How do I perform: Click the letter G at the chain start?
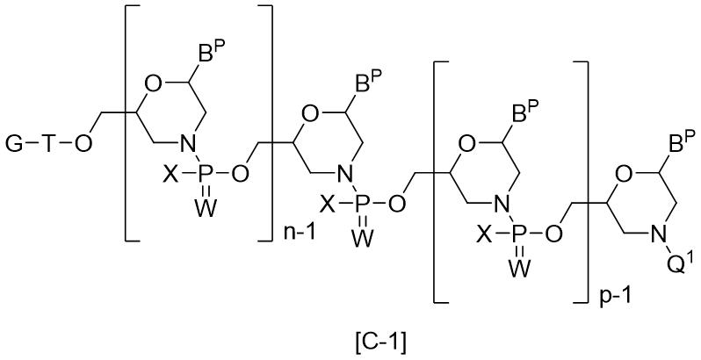15,144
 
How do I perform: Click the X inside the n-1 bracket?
169,175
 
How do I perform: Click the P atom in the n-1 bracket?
206,175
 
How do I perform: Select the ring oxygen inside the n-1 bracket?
153,84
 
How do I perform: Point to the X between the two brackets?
329,205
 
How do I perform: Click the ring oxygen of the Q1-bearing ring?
624,175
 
